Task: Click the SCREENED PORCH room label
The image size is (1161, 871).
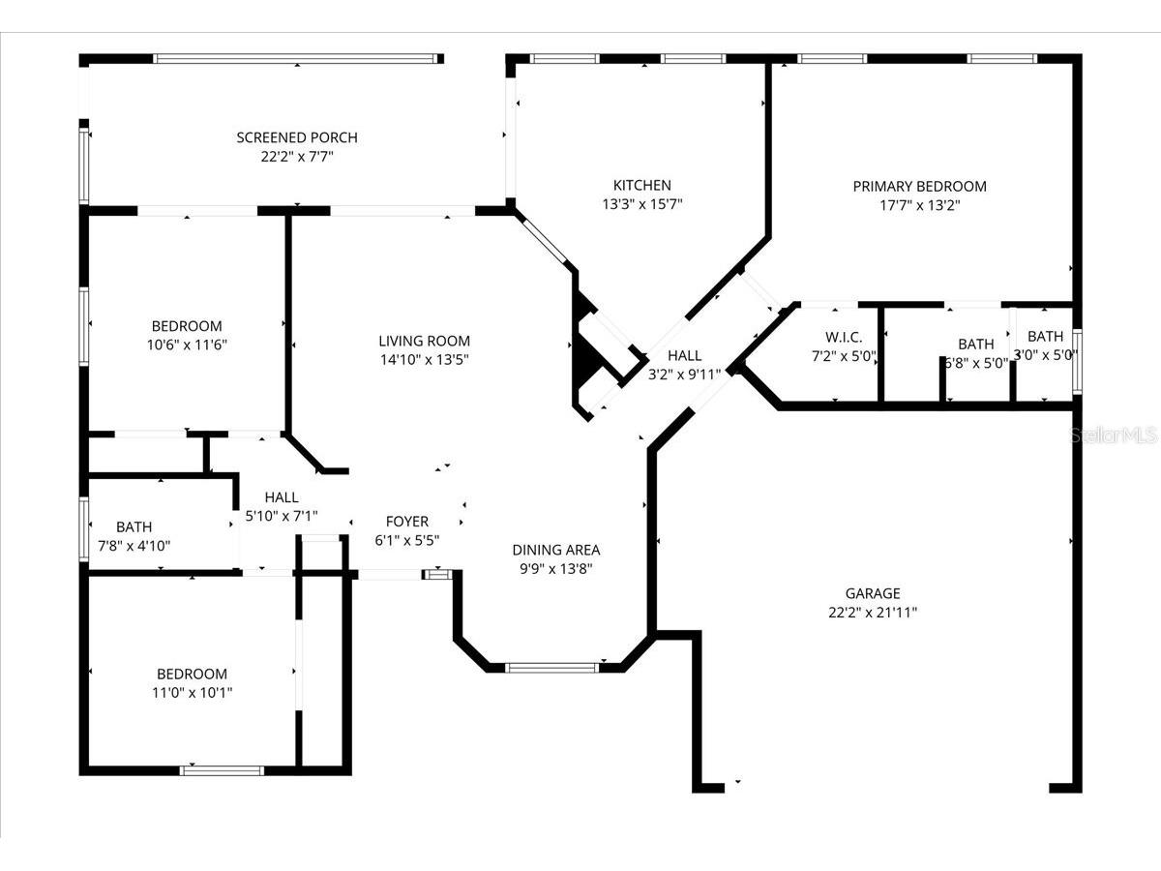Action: pyautogui.click(x=297, y=137)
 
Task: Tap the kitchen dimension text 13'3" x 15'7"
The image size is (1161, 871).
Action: pyautogui.click(x=642, y=203)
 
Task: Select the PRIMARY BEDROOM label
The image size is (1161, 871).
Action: pyautogui.click(x=919, y=186)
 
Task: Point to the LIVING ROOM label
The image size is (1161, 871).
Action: pyautogui.click(x=424, y=341)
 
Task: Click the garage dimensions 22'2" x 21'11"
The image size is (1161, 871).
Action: pyautogui.click(x=873, y=612)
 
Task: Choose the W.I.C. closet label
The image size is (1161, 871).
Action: pyautogui.click(x=844, y=337)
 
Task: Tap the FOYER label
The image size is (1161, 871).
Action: pyautogui.click(x=406, y=522)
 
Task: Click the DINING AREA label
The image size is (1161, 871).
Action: pyautogui.click(x=556, y=550)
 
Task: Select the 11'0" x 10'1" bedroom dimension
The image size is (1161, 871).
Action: pyautogui.click(x=192, y=692)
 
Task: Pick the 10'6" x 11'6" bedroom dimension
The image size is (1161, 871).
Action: pyautogui.click(x=187, y=345)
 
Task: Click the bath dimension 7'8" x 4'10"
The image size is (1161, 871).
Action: pyautogui.click(x=134, y=545)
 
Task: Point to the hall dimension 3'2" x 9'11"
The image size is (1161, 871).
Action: pyautogui.click(x=684, y=375)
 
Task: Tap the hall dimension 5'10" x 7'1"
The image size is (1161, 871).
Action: pyautogui.click(x=282, y=516)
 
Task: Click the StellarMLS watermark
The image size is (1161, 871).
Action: pyautogui.click(x=1114, y=435)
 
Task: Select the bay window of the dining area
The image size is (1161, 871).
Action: pyautogui.click(x=551, y=668)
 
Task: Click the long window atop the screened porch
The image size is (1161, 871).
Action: pyautogui.click(x=299, y=59)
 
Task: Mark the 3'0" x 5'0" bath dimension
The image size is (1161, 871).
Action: pyautogui.click(x=1045, y=355)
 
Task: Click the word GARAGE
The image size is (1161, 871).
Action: pyautogui.click(x=873, y=593)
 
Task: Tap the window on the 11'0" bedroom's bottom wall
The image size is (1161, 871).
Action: pyautogui.click(x=222, y=770)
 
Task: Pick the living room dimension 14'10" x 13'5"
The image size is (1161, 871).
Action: pyautogui.click(x=424, y=360)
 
